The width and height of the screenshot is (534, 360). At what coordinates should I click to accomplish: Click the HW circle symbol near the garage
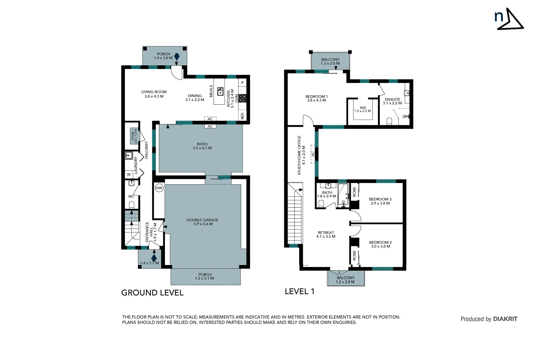pos(159,188)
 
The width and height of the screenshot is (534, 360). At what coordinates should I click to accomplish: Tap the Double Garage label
pos(203,222)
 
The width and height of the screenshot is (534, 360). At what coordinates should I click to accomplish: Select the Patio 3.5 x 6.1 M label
pos(202,146)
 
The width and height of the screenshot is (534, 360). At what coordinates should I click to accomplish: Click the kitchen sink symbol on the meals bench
pos(220,91)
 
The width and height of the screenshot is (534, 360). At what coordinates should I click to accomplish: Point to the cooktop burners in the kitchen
pos(243,98)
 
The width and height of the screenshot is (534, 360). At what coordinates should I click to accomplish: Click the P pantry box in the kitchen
pos(243,83)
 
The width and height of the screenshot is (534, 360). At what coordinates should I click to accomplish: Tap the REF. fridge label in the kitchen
pos(243,115)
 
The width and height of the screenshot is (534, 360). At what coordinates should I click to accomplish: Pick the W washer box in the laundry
pos(129,174)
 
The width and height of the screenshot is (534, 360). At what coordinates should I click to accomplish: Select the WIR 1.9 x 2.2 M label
pos(362,109)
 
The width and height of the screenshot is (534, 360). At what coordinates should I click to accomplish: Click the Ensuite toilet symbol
pos(389,121)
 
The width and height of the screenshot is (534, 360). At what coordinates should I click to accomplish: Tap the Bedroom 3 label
pos(380,201)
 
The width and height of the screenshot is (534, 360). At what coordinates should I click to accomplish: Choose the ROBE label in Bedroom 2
pos(354,255)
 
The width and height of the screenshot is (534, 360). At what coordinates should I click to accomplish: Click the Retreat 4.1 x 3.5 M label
pos(326,235)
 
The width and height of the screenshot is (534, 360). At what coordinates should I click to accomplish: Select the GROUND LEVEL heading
pos(152,293)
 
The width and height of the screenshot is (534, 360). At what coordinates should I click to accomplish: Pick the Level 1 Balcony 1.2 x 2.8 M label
pos(345,280)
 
